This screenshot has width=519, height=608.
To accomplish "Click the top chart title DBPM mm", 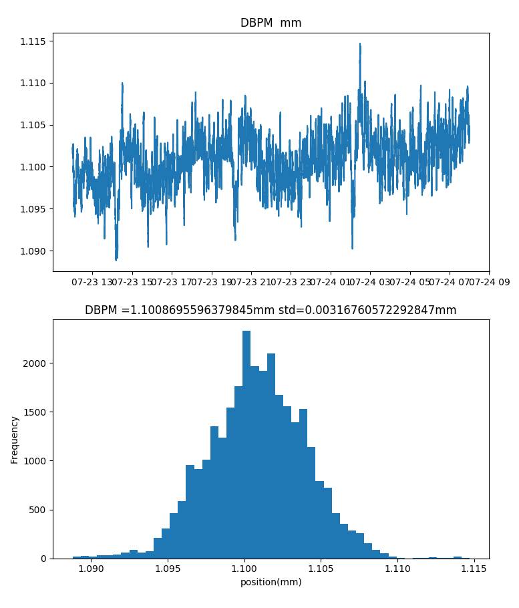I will [x=271, y=23].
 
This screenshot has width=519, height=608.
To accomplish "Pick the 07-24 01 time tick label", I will [x=331, y=283].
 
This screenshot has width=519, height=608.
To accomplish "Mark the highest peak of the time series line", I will [x=360, y=44].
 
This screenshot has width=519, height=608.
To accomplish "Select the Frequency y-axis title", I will [x=15, y=439].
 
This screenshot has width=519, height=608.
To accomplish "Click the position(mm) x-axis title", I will [x=271, y=582].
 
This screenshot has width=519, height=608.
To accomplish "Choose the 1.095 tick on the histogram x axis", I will [x=167, y=569].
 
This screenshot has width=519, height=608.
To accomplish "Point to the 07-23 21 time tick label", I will [x=251, y=283].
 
